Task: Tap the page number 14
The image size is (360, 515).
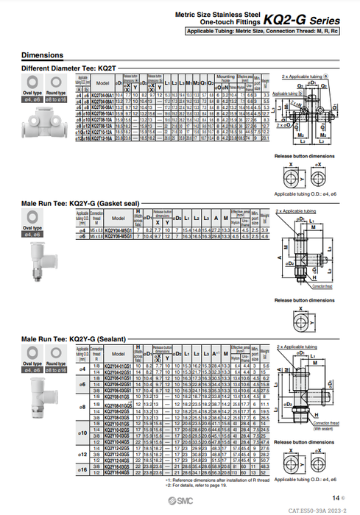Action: (x=335, y=497)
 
